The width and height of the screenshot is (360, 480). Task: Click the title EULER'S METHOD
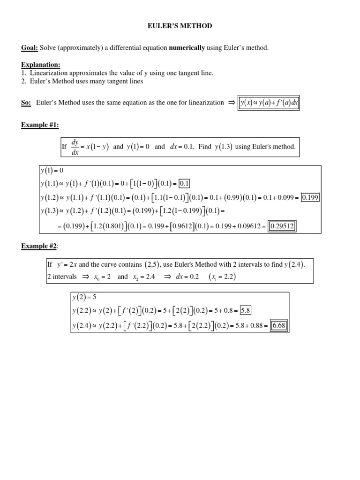tap(180, 26)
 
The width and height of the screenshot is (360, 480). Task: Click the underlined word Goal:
tap(30, 48)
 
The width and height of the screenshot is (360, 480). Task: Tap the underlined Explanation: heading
tap(41, 64)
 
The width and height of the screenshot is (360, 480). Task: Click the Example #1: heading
tap(40, 125)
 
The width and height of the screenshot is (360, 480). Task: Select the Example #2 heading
tap(39, 246)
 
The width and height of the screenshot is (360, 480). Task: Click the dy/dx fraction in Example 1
tap(75, 147)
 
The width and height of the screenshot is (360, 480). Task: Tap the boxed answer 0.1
tap(184, 183)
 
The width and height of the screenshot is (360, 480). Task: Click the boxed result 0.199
tap(310, 197)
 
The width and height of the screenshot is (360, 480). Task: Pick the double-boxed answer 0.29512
tap(282, 227)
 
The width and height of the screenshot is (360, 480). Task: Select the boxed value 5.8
tap(246, 310)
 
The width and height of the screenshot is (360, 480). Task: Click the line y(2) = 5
tap(85, 297)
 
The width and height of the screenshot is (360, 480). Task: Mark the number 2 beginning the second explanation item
tap(23, 81)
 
